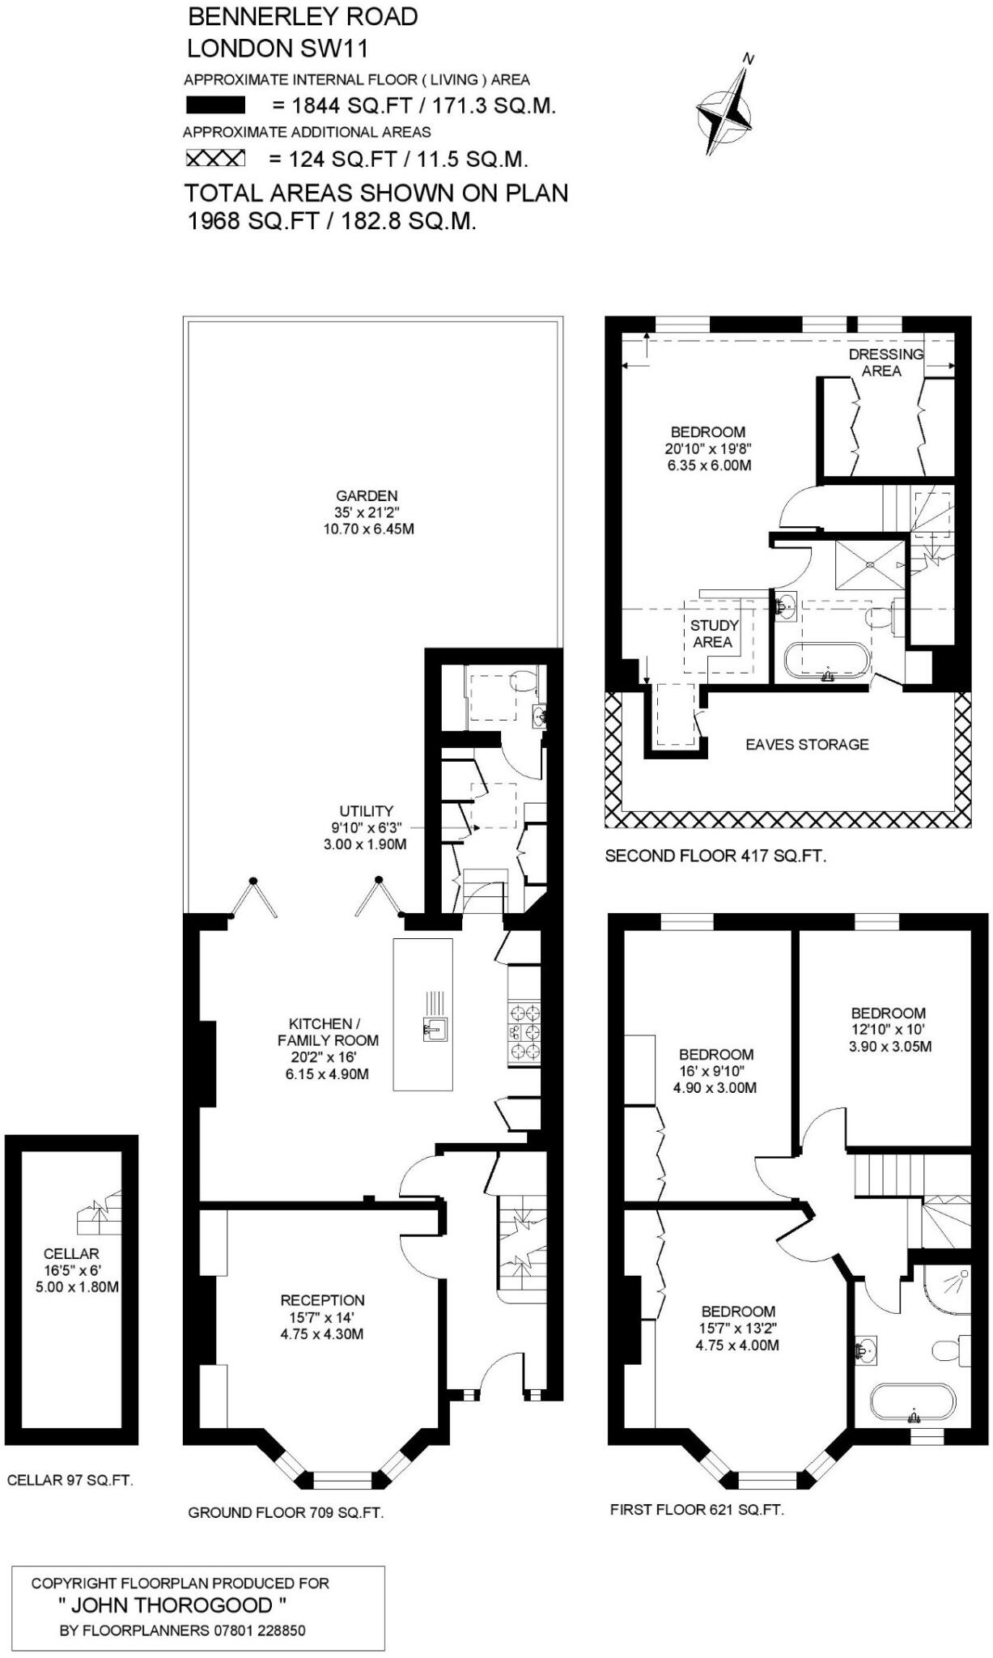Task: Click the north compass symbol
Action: pyautogui.click(x=727, y=110)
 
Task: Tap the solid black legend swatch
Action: pyautogui.click(x=215, y=105)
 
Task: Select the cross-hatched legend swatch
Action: pyautogui.click(x=215, y=159)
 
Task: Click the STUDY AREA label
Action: pyautogui.click(x=713, y=634)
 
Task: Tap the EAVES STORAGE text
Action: pyautogui.click(x=807, y=744)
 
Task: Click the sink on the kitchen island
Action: pyautogui.click(x=435, y=1031)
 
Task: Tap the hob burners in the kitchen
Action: pyautogui.click(x=524, y=1031)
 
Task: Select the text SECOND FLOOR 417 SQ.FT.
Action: pyautogui.click(x=715, y=856)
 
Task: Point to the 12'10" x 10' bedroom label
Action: pyautogui.click(x=888, y=1030)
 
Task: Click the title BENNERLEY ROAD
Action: pyautogui.click(x=303, y=16)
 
